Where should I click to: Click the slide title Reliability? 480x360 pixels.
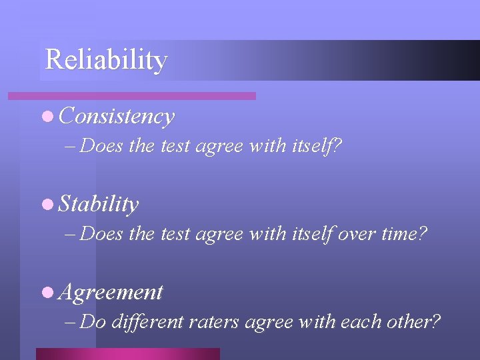tap(105, 60)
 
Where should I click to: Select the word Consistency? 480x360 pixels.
tap(117, 117)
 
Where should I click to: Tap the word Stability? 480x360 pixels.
tap(99, 204)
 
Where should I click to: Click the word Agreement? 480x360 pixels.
tap(111, 292)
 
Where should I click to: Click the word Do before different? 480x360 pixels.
tap(93, 322)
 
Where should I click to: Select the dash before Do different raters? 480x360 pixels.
tap(71, 323)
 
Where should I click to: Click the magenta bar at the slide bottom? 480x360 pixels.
tap(127, 353)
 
